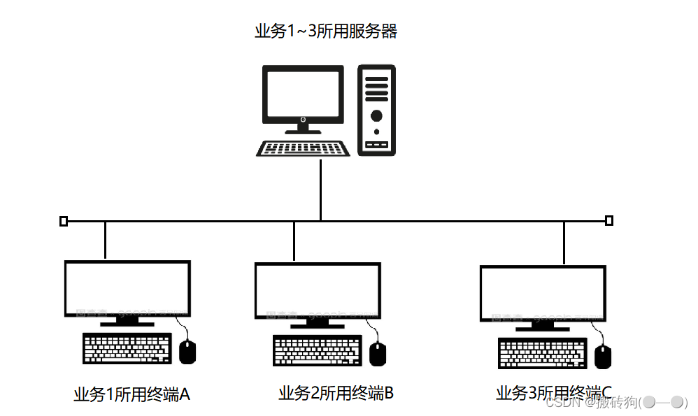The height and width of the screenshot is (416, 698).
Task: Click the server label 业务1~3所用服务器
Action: point(326,31)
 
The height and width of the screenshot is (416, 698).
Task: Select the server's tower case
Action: point(376,110)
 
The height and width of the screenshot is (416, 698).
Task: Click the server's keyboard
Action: point(304,149)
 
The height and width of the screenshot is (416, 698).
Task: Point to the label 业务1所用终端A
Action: point(131,395)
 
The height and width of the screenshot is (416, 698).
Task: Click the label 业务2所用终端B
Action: point(336,394)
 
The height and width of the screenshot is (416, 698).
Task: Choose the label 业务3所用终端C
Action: point(553,394)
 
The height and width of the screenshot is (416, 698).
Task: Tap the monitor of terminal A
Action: point(127,289)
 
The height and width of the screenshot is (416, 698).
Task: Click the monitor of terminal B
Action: point(317,291)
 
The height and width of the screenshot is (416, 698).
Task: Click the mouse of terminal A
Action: point(187,352)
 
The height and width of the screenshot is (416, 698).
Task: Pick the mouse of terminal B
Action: point(378,354)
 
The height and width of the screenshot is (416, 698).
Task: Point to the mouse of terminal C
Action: point(603,357)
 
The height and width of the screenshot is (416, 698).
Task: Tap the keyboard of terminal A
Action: point(127,349)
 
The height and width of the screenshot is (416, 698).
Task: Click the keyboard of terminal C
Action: point(543,353)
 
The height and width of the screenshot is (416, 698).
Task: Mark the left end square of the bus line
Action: point(64,222)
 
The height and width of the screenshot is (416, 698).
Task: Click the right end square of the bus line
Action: point(609,221)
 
